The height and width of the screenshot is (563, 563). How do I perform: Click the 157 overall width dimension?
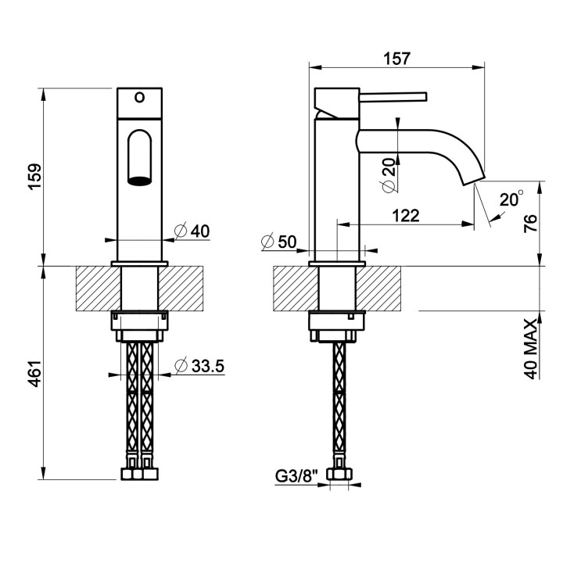pos(396,59)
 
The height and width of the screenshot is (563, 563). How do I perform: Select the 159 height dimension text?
pos(35,177)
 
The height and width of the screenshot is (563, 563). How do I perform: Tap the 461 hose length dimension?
pos(35,374)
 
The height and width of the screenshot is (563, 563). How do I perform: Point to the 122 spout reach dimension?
pos(406,216)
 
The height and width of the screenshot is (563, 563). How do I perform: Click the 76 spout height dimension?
pos(530,224)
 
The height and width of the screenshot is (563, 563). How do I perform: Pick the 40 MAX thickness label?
pos(532,348)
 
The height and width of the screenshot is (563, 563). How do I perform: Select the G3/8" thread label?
pos(297,476)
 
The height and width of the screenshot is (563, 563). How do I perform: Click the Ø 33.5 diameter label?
pos(199,366)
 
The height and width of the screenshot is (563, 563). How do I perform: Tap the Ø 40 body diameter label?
pos(192,231)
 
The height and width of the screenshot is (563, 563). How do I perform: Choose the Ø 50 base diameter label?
pos(279,242)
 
